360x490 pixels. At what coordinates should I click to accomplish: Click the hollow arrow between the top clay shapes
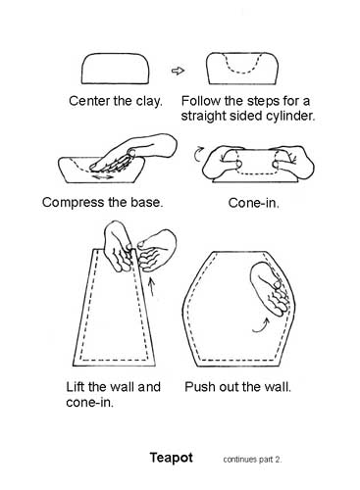(178, 71)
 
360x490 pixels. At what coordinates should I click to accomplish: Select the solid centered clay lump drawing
(115, 69)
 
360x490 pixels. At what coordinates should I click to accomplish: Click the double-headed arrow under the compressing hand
(103, 177)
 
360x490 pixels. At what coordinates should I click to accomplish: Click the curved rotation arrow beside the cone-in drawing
(197, 155)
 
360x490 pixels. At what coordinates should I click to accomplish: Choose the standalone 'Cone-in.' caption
(254, 203)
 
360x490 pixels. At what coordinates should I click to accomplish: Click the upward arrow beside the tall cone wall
(151, 286)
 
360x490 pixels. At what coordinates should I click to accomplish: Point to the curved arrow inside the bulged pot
(262, 326)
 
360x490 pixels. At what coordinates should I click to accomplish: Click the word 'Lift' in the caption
(76, 387)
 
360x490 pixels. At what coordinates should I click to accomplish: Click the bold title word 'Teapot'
(172, 458)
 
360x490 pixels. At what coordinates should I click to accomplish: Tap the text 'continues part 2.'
(252, 460)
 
